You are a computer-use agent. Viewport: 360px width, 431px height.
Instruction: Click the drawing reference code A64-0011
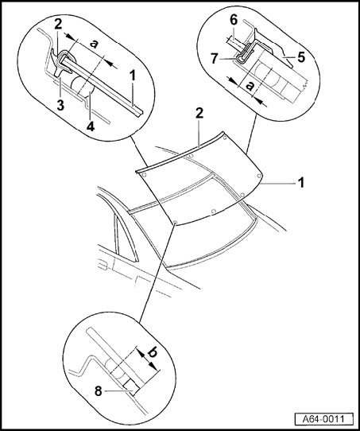tap(323, 419)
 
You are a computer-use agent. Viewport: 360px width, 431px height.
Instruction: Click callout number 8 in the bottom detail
tap(99, 391)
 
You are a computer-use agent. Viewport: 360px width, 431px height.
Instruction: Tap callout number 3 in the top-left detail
tap(60, 105)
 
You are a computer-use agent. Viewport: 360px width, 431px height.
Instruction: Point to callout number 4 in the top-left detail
tap(91, 126)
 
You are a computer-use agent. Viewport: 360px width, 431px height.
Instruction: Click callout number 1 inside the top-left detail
tap(133, 76)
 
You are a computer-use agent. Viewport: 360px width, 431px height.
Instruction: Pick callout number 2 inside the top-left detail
tap(58, 24)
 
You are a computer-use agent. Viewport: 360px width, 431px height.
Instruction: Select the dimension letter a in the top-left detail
tap(95, 44)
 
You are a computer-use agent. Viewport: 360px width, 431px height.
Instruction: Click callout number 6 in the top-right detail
tap(234, 20)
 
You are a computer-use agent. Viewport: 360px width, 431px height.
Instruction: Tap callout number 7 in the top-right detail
tap(215, 59)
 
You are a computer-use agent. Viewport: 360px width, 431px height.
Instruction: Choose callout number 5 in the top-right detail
tap(301, 57)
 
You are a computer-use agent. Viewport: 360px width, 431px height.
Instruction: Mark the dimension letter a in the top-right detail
tap(250, 86)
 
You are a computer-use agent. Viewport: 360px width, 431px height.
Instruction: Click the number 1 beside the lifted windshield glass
tap(301, 183)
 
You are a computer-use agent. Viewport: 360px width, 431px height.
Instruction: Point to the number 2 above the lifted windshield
tap(199, 113)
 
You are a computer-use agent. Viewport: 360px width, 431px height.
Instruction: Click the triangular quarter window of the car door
tap(122, 234)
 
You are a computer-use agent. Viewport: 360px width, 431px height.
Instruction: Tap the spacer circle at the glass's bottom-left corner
tap(175, 222)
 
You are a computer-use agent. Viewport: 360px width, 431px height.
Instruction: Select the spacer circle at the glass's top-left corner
tap(144, 175)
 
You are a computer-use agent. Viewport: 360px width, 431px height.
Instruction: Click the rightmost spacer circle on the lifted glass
tap(258, 175)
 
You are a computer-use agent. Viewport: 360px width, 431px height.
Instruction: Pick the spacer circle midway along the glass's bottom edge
tap(214, 211)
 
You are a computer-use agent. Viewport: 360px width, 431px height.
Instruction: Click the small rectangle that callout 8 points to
tap(130, 389)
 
